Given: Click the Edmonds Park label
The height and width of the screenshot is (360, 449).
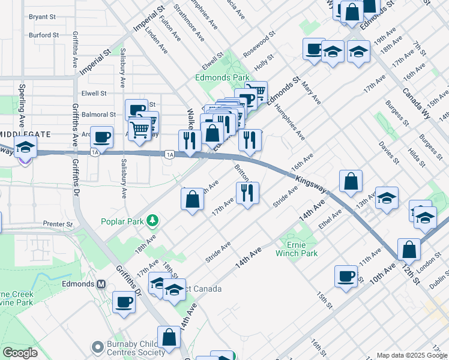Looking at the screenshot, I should pos(221,78).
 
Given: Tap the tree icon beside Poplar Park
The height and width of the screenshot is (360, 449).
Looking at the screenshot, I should pos(153,221).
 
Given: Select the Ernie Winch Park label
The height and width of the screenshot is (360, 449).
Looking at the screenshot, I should pos(296,248).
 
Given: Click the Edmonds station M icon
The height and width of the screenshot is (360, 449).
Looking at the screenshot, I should pos(101,284).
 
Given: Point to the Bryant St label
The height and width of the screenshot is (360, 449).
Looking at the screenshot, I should pos(42,17).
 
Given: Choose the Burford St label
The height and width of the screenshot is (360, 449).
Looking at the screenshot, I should pos(43,35).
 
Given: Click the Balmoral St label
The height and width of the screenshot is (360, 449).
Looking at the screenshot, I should pos(98,114).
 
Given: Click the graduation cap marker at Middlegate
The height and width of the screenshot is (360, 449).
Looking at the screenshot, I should pos(25,146).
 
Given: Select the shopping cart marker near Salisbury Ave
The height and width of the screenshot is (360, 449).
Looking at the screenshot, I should pos(140,128).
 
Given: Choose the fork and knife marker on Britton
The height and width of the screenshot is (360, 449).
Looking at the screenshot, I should pos(247,193).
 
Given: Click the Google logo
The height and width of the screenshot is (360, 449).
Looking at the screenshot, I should pos(20,353).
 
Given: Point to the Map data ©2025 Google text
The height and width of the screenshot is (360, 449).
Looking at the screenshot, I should pos(411,355).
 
